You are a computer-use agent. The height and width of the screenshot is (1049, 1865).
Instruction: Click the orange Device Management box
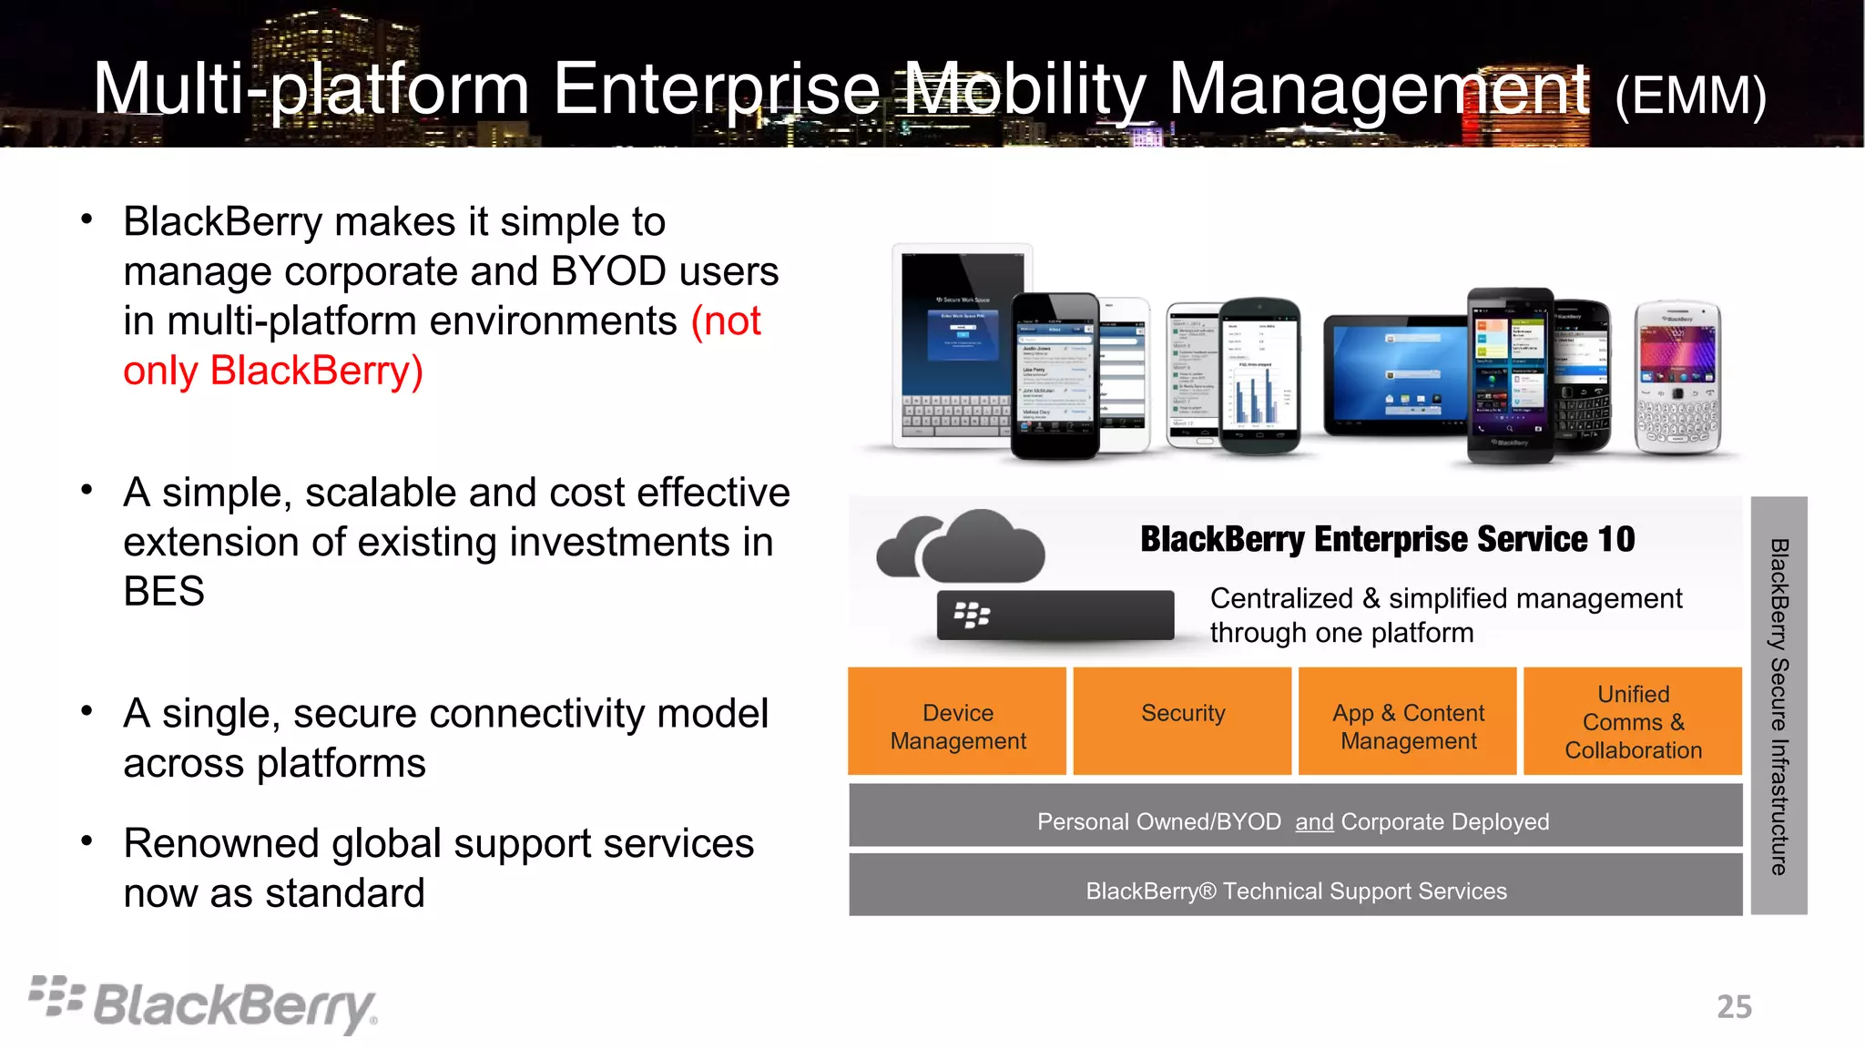click(x=957, y=722)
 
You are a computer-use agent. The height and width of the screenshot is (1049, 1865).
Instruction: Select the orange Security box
click(x=1182, y=722)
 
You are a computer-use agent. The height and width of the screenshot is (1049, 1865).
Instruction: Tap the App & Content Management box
click(x=1408, y=722)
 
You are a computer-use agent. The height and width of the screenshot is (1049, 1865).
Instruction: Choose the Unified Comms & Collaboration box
click(x=1633, y=722)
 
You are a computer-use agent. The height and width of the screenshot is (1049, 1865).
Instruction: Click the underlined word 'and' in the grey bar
click(x=1314, y=822)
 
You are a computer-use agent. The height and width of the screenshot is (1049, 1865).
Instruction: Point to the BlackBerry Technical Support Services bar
click(x=1296, y=891)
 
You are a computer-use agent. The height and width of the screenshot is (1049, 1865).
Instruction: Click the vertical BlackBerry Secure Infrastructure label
click(x=1778, y=706)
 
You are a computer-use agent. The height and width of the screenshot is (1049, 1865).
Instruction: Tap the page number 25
click(x=1734, y=1007)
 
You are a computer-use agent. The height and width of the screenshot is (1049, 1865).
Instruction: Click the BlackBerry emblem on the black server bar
click(x=972, y=616)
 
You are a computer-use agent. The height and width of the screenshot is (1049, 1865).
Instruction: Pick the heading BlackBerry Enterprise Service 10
click(x=1387, y=539)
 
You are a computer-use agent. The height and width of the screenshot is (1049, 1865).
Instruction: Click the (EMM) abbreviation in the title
click(x=1690, y=96)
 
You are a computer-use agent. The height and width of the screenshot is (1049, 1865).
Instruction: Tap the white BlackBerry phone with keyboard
click(x=1677, y=378)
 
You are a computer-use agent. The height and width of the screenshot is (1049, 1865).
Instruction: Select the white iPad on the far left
click(x=952, y=346)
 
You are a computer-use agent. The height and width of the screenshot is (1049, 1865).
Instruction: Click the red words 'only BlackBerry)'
click(x=273, y=372)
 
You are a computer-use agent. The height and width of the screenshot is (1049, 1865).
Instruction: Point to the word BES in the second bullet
click(x=164, y=592)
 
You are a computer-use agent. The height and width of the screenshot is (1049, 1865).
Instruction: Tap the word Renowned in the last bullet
click(x=221, y=844)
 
